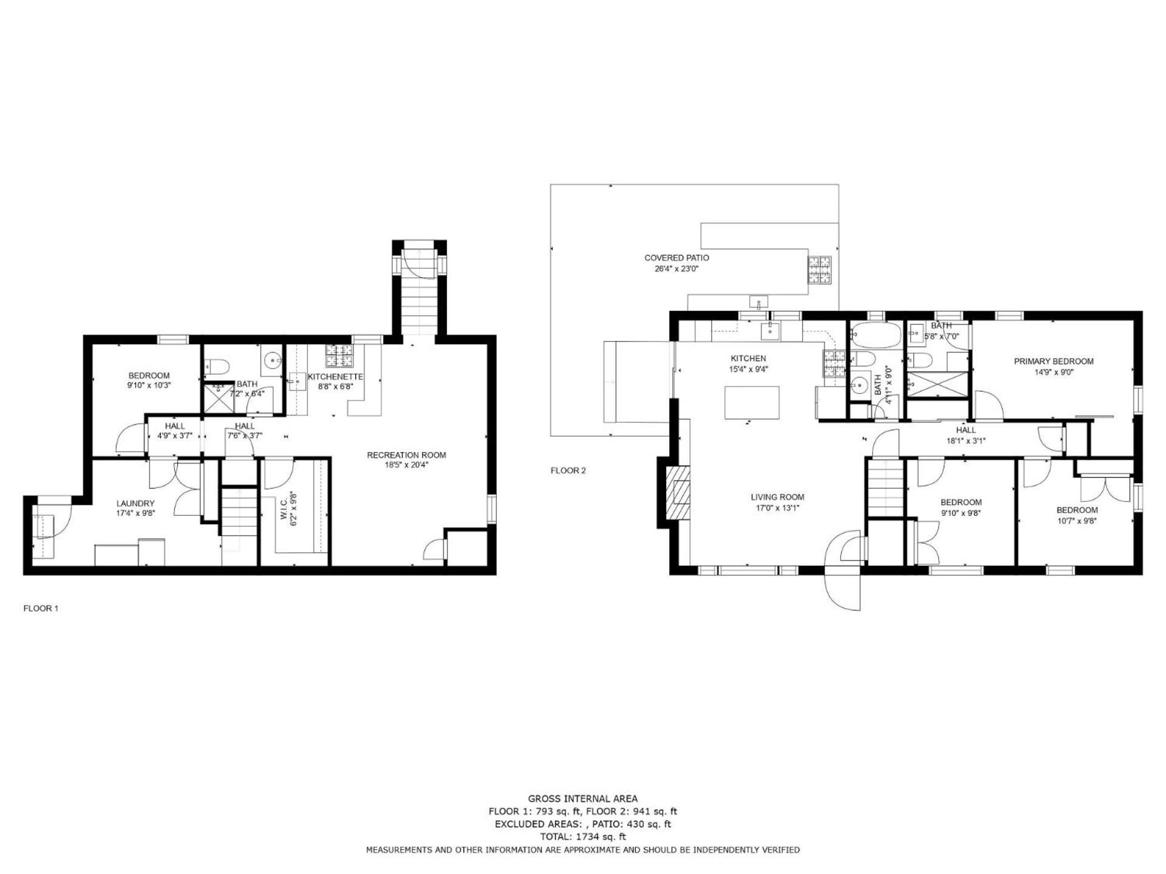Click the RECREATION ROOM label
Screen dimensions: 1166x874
click(406, 455)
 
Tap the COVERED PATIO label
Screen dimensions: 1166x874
click(677, 258)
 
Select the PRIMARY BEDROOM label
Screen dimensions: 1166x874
click(1054, 361)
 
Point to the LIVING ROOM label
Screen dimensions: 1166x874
click(777, 497)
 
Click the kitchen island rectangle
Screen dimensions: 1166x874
click(752, 402)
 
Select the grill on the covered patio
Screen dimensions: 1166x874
click(820, 270)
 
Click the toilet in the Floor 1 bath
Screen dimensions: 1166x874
click(217, 366)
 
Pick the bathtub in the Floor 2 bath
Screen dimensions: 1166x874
click(874, 335)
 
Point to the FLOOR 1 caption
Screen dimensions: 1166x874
click(41, 608)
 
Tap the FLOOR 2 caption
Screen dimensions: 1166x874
click(568, 470)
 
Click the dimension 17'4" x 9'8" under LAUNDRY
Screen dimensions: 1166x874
click(135, 513)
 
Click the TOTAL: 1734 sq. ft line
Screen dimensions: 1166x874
click(583, 836)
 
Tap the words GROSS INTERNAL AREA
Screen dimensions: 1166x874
click(583, 799)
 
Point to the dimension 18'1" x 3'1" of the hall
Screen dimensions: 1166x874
click(966, 441)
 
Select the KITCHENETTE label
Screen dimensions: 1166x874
click(335, 377)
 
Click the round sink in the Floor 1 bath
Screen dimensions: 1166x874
click(271, 360)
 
